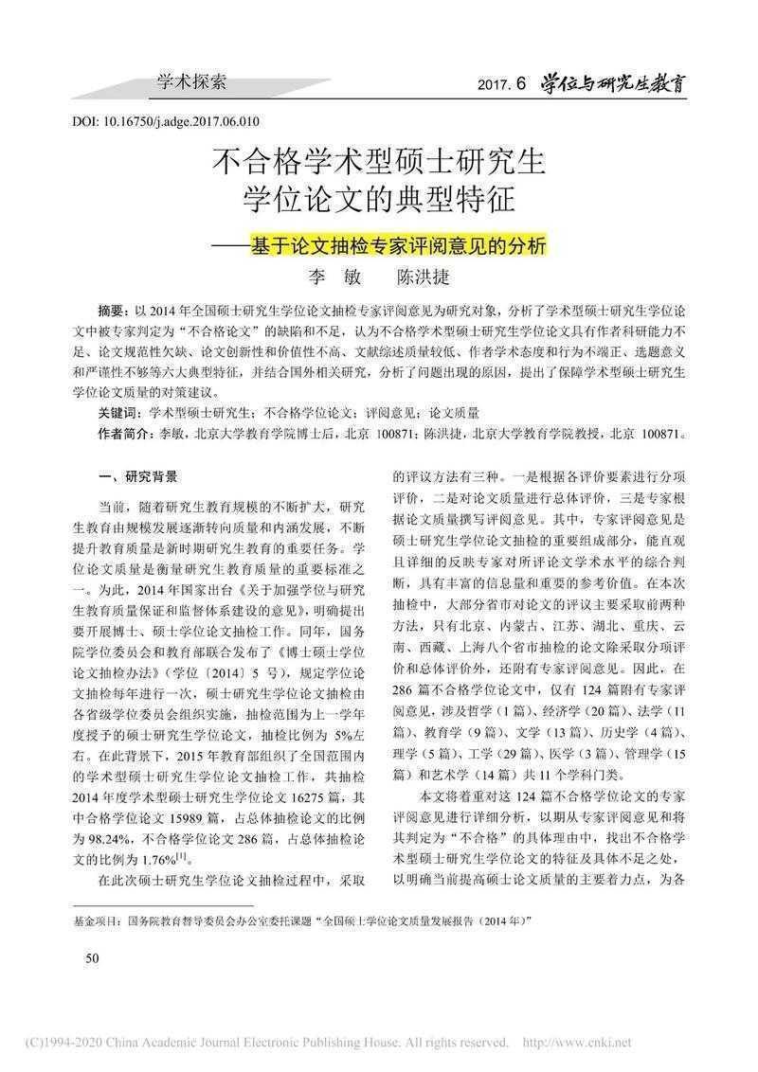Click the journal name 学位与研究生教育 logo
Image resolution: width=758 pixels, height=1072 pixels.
tap(613, 83)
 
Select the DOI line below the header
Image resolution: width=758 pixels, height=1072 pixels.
tap(166, 121)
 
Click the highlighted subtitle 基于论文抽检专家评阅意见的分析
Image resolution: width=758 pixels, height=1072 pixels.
tap(398, 243)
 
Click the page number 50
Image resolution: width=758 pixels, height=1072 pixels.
tap(92, 959)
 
